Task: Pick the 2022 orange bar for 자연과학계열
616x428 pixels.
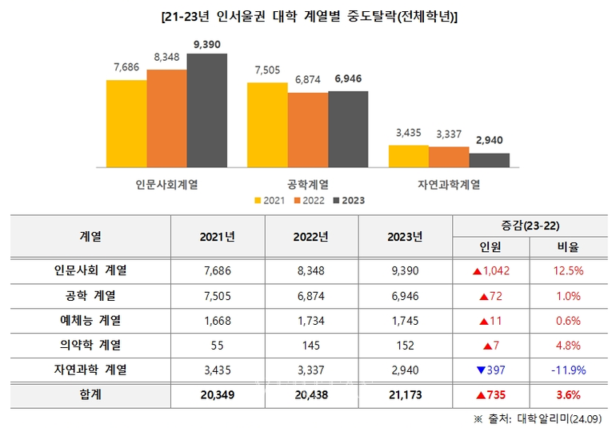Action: [455, 157]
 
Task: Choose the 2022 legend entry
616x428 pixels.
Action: [309, 200]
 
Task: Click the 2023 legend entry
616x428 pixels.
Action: [348, 200]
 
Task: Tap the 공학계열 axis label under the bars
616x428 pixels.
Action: [308, 184]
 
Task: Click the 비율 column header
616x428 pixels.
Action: [568, 247]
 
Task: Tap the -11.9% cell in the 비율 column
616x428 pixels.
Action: [568, 370]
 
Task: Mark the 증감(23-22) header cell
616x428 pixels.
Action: [530, 226]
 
